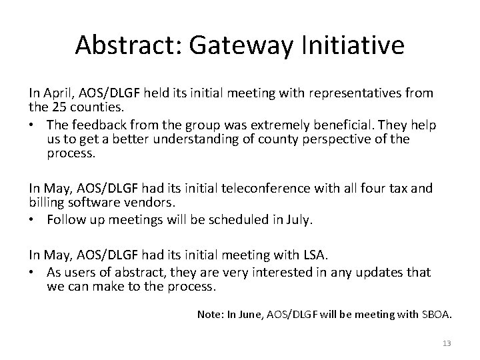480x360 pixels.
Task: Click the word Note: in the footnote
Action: pos(211,314)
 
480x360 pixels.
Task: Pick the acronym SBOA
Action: pos(435,314)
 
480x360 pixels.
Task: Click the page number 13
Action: pos(447,343)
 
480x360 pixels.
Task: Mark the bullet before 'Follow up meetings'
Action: pos(33,220)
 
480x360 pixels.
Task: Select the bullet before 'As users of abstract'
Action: pos(33,272)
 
